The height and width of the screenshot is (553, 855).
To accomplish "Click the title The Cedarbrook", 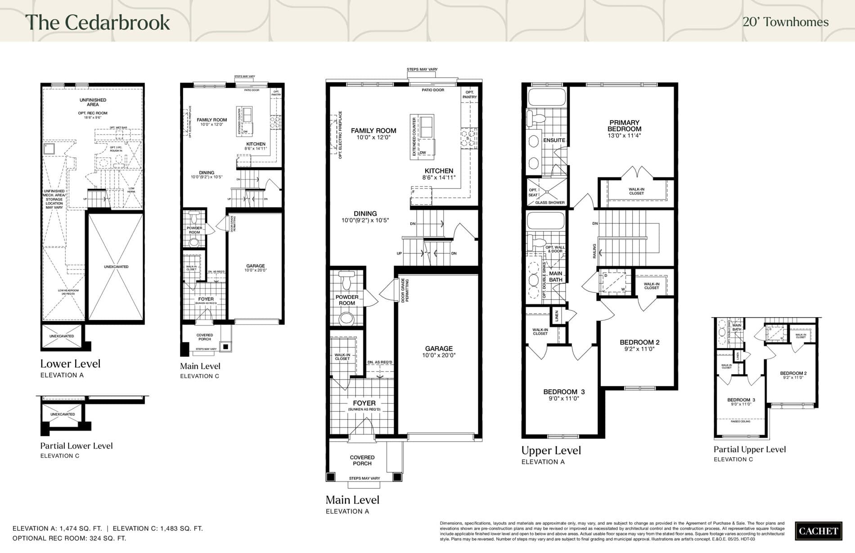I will (x=98, y=22).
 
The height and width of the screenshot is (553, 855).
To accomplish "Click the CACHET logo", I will (x=818, y=531).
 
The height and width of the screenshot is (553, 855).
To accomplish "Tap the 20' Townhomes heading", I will (x=785, y=22).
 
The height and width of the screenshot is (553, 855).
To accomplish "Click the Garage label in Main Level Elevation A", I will (x=439, y=349).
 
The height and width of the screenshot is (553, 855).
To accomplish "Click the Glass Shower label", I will (x=550, y=202).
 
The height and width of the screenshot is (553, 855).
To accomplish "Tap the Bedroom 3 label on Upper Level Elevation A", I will (x=564, y=392).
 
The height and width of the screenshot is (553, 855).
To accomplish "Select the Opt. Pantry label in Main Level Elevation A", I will (x=469, y=94).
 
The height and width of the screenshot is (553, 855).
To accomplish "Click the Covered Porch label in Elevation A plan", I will (x=362, y=460).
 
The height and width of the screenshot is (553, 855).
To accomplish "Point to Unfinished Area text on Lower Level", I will (x=93, y=102).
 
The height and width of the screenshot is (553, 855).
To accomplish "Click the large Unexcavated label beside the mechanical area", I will (x=116, y=267).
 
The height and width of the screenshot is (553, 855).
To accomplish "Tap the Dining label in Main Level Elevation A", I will (x=365, y=214).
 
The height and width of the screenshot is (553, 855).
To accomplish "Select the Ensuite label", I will (x=554, y=140).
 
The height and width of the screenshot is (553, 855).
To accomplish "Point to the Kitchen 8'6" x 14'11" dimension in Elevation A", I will (x=439, y=178).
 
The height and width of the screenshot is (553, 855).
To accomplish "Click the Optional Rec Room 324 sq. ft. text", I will (x=69, y=538).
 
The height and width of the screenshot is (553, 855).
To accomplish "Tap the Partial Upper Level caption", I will (x=750, y=450).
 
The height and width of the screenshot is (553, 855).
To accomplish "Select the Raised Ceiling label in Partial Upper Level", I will (x=740, y=422).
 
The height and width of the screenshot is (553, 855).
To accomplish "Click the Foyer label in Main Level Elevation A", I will (x=364, y=404).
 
